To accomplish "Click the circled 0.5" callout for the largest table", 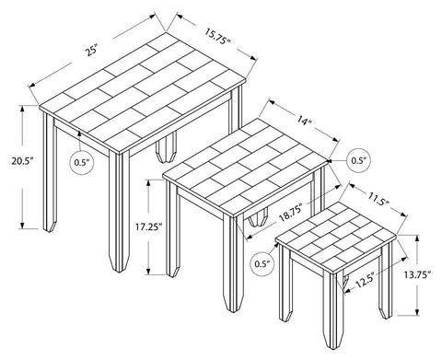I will pyautogui.click(x=81, y=163).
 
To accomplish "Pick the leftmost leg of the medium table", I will pyautogui.click(x=170, y=230).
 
